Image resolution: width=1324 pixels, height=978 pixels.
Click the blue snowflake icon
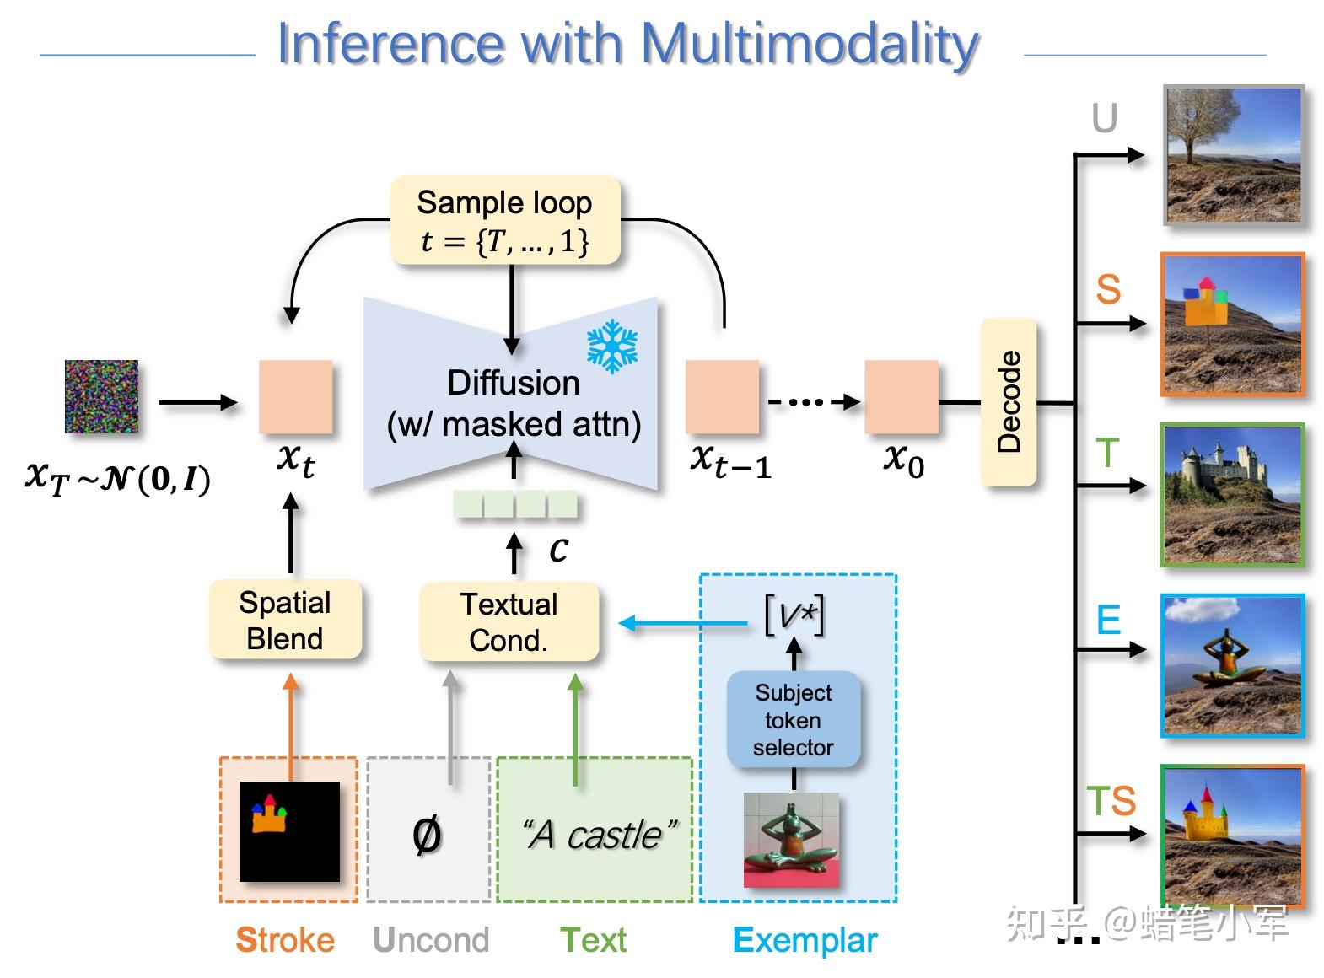pos(612,346)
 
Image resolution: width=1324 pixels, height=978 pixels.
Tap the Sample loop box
pos(505,221)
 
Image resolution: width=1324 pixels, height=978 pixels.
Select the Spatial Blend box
pos(285,620)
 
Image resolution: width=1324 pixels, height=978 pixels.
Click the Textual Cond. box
pos(509,622)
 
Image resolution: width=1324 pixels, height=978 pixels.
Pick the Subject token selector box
pos(793,720)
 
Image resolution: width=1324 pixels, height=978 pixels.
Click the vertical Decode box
pos(1009,402)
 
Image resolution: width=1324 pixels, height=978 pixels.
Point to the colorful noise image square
pos(101,396)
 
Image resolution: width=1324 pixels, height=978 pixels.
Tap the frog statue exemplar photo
pos(791,840)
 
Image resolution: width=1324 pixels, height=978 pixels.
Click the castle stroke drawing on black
pos(289,831)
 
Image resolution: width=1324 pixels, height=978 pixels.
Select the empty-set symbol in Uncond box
pos(427,835)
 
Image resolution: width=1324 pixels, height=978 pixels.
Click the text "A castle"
pos(598,835)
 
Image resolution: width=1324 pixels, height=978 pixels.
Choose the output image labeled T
pos(1231,495)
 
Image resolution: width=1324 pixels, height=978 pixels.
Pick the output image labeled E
pos(1231,666)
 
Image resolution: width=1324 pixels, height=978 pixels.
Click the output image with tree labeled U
pos(1233,155)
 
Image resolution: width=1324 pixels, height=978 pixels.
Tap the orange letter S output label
pos(1107,290)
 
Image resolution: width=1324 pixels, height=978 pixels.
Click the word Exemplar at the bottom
pos(805,940)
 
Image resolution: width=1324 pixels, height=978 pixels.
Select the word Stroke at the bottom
pos(285,940)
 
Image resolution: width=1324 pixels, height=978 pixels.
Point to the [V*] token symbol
pos(794,615)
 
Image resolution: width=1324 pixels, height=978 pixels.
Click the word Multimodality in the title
pos(809,44)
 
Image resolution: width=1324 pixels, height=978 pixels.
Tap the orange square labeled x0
pos(901,397)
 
